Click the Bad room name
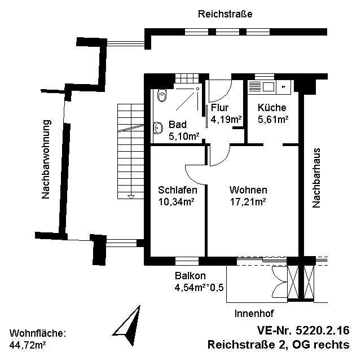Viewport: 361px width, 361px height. (x=177, y=125)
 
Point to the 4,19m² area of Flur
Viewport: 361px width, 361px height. (x=226, y=119)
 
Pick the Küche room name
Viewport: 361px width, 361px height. (x=272, y=108)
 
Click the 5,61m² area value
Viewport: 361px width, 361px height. (x=273, y=119)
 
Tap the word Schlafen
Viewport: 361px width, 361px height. (x=177, y=190)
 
